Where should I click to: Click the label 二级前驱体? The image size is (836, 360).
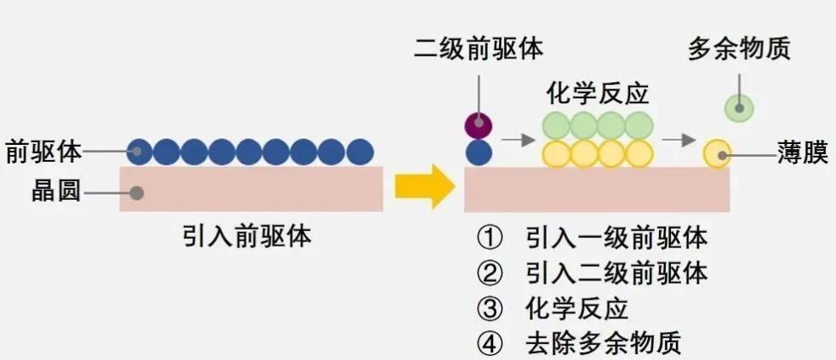pos(478,49)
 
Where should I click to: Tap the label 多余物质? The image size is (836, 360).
pos(739,49)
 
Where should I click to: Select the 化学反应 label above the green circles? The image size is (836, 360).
pos(597,92)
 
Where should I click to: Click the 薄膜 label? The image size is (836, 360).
pos(802,154)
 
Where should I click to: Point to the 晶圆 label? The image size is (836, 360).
pos(55,192)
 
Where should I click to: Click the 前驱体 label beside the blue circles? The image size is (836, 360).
pos(43,152)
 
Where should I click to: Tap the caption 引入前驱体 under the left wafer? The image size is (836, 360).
pos(246,235)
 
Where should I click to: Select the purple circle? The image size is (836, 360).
pos(479,125)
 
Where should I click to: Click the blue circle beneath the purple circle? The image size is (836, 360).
pos(479,153)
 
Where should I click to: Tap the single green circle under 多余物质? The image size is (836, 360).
pos(739,107)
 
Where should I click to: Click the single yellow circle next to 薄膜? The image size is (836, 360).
pos(717,153)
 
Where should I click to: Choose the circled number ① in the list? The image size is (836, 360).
pos(489,237)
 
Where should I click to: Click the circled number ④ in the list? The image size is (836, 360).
pos(489,344)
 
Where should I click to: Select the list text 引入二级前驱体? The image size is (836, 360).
pos(616,273)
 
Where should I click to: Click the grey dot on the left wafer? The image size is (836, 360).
pos(136,192)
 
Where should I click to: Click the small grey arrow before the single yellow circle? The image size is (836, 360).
pos(678,138)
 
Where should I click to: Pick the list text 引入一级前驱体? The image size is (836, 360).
pos(616,237)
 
